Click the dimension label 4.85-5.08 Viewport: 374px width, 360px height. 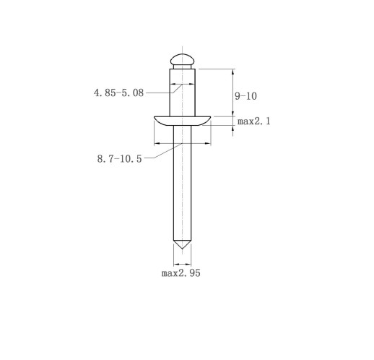[x=118, y=93]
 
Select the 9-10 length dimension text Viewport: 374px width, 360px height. [x=245, y=96]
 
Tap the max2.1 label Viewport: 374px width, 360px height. [x=254, y=121]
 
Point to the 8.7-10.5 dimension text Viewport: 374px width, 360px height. [x=120, y=159]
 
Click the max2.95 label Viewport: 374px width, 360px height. [x=181, y=273]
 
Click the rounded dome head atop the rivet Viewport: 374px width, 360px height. [x=182, y=59]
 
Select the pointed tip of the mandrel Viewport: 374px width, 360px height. [x=182, y=248]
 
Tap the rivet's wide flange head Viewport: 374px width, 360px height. [x=182, y=121]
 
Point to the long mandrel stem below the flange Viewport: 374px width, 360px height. [x=183, y=183]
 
